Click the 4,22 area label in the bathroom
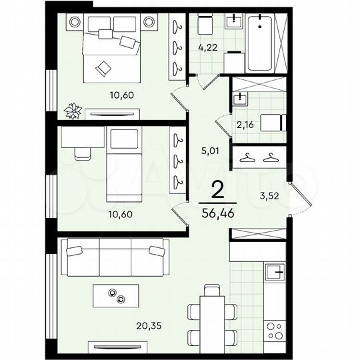coord(208,47)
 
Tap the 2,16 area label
coord(247,123)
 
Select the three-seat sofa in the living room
coord(112,256)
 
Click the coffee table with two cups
coord(117,295)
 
